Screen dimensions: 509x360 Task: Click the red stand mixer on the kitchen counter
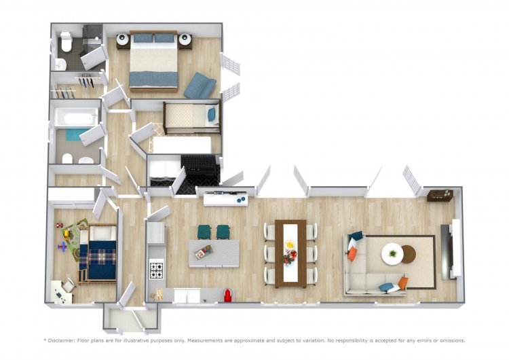(x=228, y=295)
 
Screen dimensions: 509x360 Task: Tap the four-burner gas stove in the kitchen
(x=157, y=270)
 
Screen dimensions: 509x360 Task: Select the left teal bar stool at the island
(x=204, y=232)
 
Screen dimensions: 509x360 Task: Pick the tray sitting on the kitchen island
(x=204, y=252)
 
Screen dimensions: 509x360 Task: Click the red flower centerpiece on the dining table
(x=290, y=257)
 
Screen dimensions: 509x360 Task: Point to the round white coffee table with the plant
(x=392, y=254)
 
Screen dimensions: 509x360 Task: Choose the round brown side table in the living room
(x=409, y=254)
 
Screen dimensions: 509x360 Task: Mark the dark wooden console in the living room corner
(x=440, y=195)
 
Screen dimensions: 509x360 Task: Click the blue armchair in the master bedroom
(x=200, y=86)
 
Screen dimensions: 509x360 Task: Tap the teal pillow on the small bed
(x=212, y=114)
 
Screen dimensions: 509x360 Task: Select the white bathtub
(x=76, y=117)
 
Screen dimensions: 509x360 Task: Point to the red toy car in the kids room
(x=59, y=225)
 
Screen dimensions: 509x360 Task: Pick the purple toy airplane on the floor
(x=62, y=247)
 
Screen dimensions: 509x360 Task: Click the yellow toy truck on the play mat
(x=67, y=234)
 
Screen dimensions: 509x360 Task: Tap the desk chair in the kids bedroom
(x=69, y=285)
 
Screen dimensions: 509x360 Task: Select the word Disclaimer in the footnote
(x=61, y=340)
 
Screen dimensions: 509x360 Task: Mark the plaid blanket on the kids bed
(x=102, y=256)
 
